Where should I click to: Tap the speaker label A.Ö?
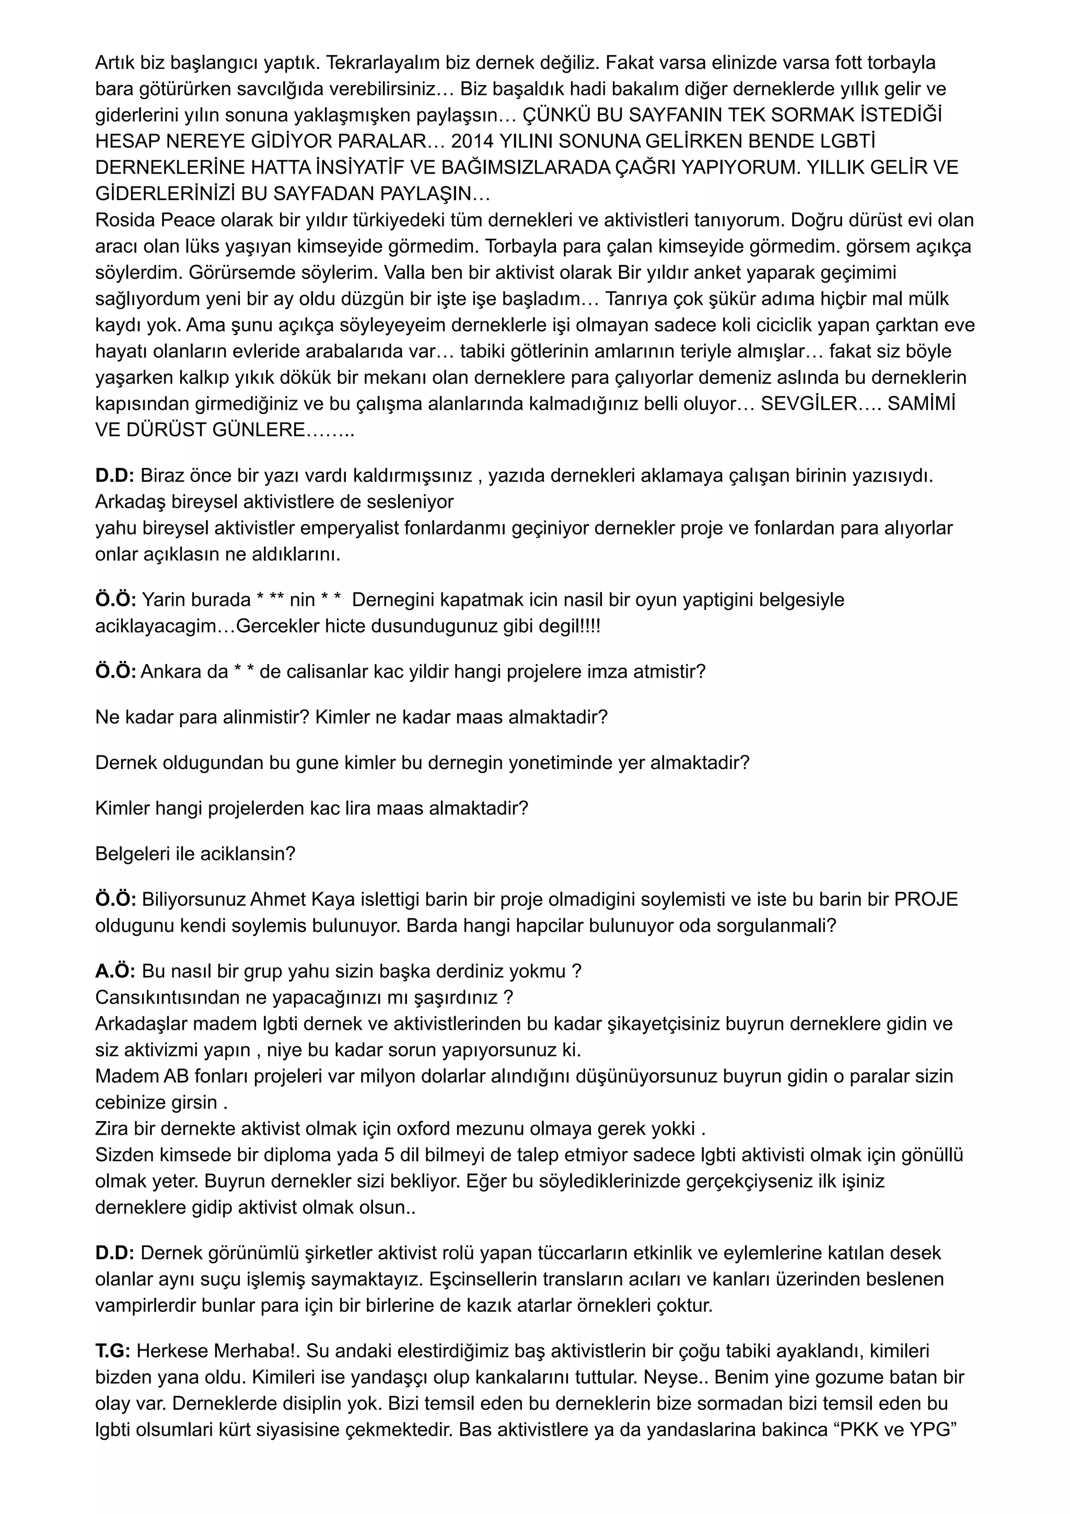[x=115, y=971]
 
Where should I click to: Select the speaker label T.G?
[x=113, y=1351]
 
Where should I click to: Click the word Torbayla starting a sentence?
[x=522, y=246]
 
